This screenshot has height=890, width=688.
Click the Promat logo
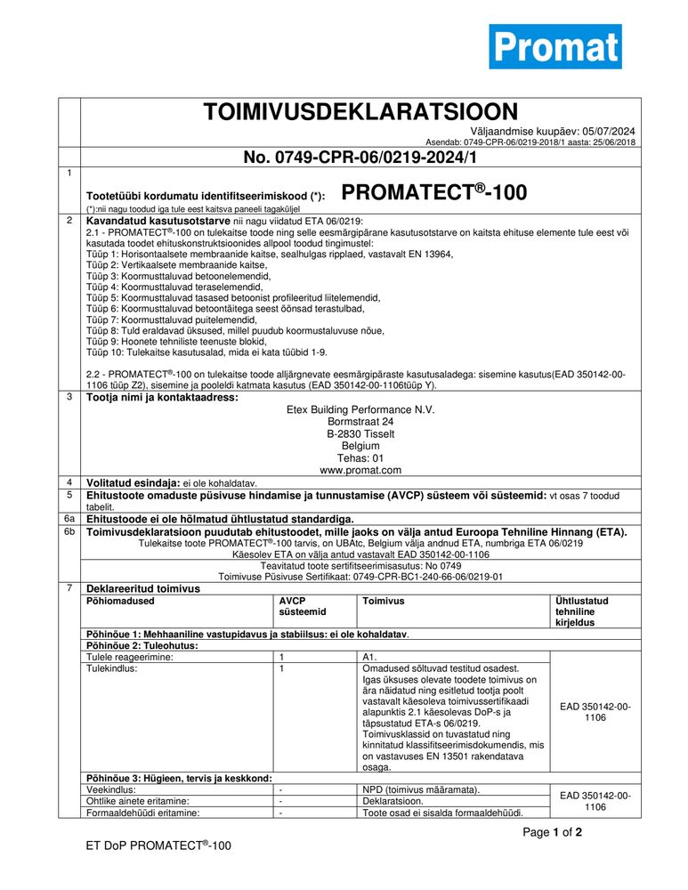(555, 46)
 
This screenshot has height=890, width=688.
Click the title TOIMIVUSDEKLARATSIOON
(360, 112)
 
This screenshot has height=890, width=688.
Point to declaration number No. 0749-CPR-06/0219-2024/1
(360, 158)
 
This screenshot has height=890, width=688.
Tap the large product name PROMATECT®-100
(433, 192)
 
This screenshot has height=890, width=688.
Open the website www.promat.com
(360, 469)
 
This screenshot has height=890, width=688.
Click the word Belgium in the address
(360, 446)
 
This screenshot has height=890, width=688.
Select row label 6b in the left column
(69, 532)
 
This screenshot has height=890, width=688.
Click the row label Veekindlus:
(110, 789)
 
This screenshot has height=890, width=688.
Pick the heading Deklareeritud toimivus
(142, 588)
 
